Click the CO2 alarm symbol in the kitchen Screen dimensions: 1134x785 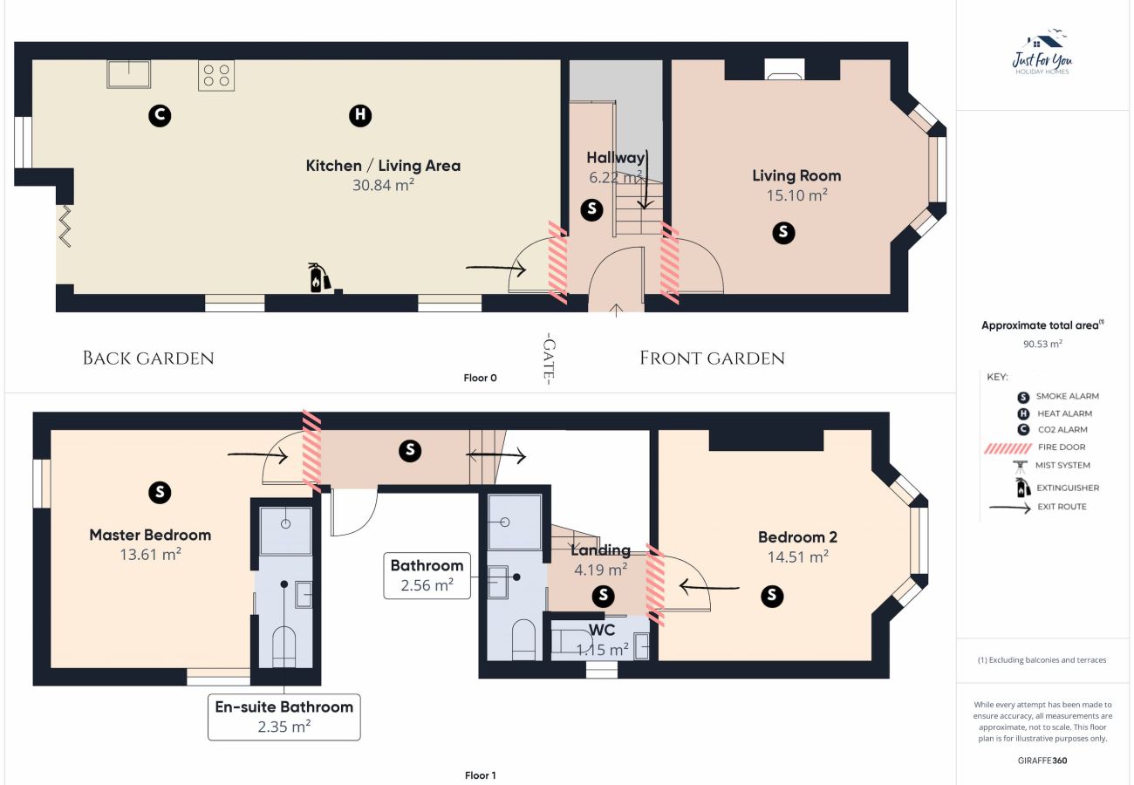(160, 115)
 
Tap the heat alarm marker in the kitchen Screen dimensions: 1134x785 (360, 115)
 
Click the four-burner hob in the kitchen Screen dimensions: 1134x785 (216, 75)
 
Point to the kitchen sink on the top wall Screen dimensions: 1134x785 (128, 74)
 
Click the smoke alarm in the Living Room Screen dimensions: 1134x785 (783, 232)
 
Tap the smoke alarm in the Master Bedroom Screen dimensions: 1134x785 (160, 492)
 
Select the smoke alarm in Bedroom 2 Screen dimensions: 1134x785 (771, 595)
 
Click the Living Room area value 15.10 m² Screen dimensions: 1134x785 (796, 195)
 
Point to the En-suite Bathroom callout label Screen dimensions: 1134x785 (284, 717)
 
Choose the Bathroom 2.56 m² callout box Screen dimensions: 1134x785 (427, 576)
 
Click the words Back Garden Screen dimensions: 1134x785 (148, 358)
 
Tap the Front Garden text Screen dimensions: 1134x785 (712, 358)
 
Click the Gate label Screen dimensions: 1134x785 (550, 358)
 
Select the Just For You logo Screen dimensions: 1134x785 (1042, 53)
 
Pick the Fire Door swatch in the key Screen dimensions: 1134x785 (1008, 448)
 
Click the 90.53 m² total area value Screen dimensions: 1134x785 (1042, 344)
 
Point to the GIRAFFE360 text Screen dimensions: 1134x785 (1042, 761)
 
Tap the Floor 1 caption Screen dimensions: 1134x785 (480, 775)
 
